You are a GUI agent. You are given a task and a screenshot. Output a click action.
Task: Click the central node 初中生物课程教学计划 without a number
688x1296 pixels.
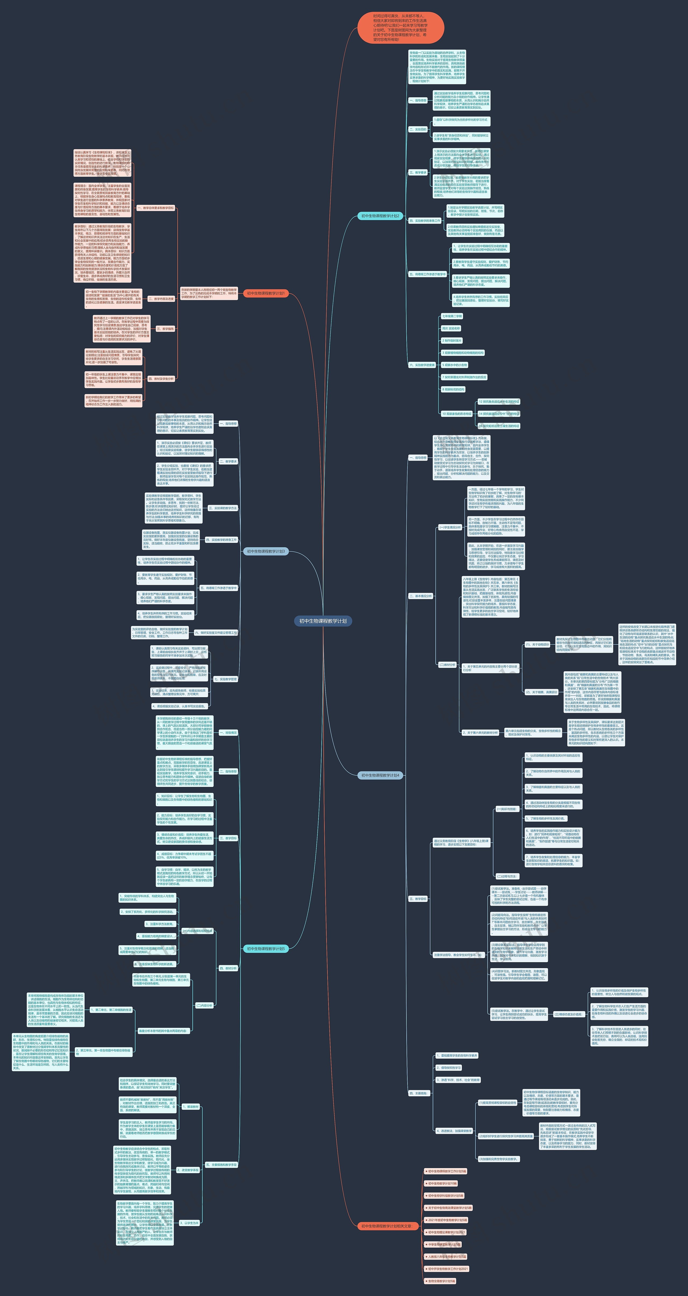click(x=323, y=621)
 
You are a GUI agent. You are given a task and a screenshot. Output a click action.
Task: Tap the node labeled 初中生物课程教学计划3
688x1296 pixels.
click(x=266, y=552)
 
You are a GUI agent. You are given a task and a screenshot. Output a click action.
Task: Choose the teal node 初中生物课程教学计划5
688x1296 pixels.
click(x=266, y=948)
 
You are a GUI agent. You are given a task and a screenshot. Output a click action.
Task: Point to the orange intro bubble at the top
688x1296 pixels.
click(x=401, y=28)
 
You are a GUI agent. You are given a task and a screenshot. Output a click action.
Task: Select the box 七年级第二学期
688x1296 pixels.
click(x=451, y=316)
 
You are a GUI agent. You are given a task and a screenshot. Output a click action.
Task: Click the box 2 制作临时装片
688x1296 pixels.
click(x=451, y=341)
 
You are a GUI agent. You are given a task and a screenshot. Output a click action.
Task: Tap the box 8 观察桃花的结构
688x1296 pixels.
click(x=453, y=389)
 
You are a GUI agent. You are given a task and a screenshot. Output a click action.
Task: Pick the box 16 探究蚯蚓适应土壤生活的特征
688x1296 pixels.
click(x=499, y=426)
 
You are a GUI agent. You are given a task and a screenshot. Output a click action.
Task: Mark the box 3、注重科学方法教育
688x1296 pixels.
click(x=160, y=924)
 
